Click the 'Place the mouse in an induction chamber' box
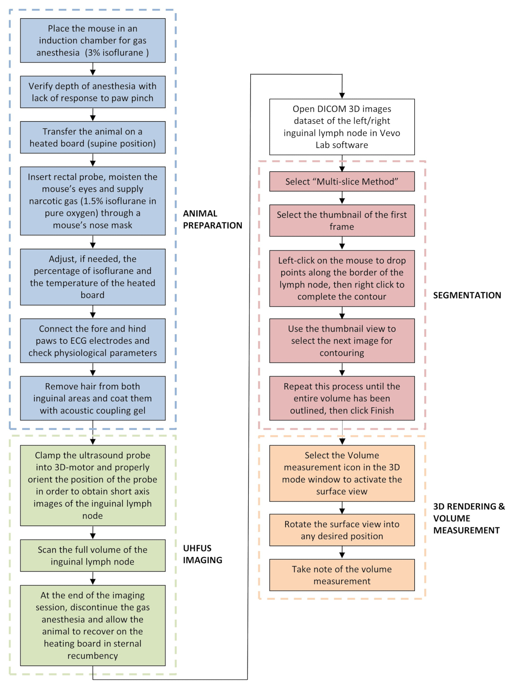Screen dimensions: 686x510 [x=93, y=40]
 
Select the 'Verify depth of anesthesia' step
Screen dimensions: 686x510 [x=93, y=92]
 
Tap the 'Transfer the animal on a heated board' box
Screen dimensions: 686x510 [x=93, y=137]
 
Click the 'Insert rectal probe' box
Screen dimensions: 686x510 [x=93, y=201]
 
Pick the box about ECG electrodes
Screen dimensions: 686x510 [x=93, y=341]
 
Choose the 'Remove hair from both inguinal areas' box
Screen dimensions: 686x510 [x=93, y=398]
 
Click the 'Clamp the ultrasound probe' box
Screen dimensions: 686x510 [x=93, y=485]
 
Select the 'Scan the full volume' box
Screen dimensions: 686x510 [x=93, y=555]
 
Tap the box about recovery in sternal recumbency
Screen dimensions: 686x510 [x=93, y=625]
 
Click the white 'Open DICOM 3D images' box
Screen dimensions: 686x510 [x=342, y=127]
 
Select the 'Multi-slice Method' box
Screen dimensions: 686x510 [x=342, y=182]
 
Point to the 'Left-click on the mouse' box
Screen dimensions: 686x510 [x=342, y=278]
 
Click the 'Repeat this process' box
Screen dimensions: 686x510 [x=342, y=398]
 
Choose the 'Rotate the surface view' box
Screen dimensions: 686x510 [x=342, y=530]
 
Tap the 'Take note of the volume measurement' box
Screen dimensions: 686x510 [x=342, y=575]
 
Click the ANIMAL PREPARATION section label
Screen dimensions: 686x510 [x=212, y=219]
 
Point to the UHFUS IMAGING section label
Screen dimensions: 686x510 [x=202, y=554]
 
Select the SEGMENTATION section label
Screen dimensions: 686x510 [x=467, y=295]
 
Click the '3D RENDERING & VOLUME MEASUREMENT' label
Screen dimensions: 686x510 [x=469, y=518]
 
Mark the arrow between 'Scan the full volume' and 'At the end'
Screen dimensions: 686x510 [x=93, y=578]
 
